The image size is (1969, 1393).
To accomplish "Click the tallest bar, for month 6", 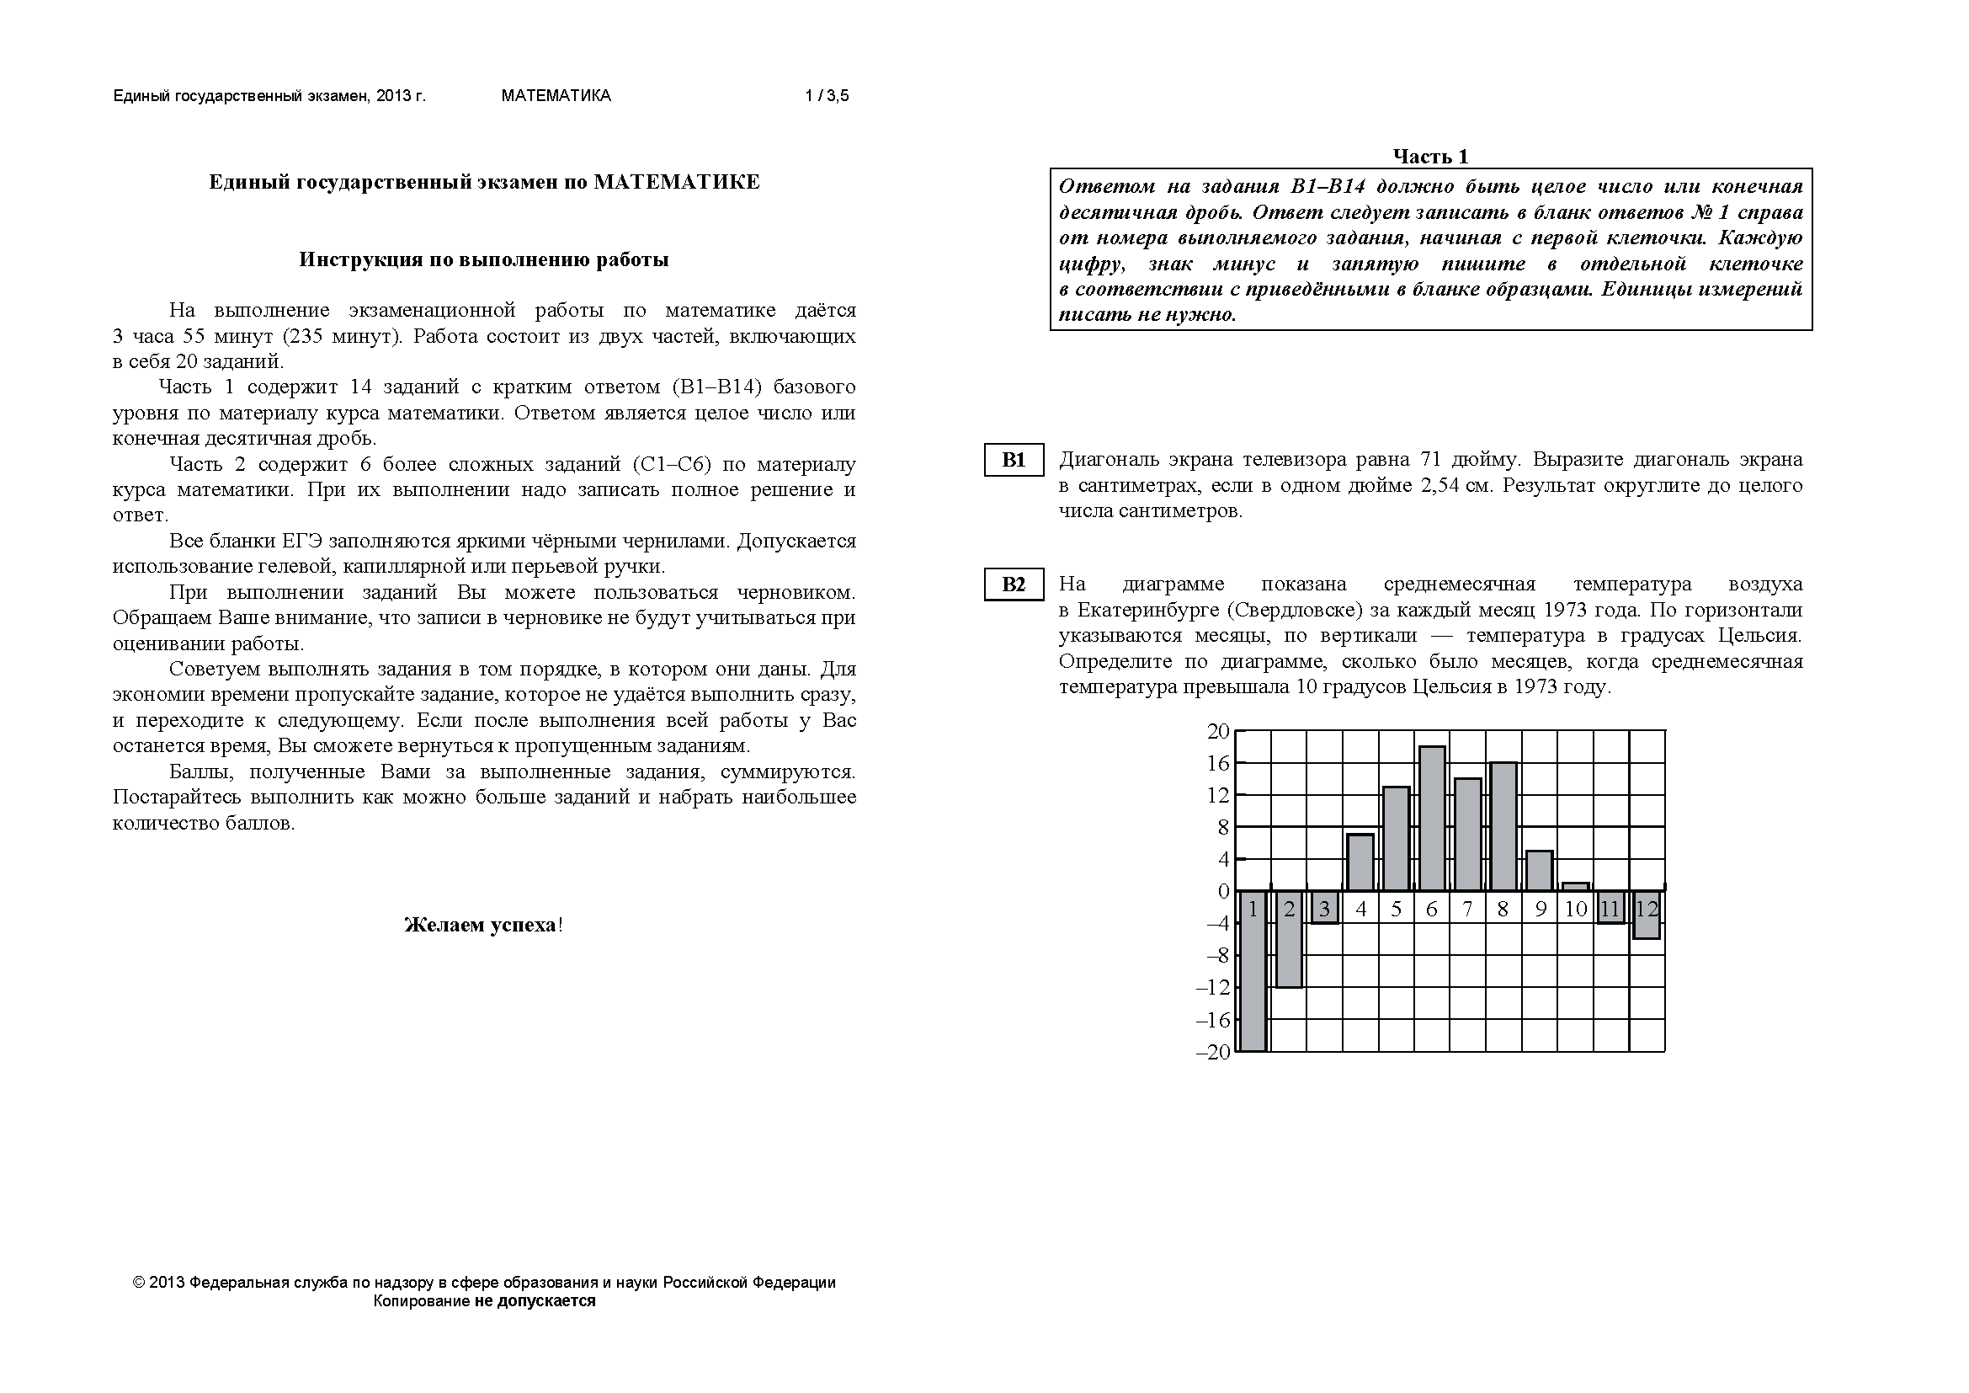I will [1431, 819].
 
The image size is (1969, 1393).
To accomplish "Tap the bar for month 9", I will [1540, 871].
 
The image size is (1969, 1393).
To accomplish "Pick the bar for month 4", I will [1360, 862].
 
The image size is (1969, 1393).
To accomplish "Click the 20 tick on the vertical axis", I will [1218, 732].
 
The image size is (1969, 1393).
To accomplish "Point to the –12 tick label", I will [1212, 988].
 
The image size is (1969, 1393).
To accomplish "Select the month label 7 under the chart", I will [1467, 910].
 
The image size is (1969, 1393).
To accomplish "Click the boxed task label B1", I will [1013, 460].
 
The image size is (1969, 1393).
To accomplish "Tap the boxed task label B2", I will [1013, 584].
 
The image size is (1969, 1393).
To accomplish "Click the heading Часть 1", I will [1430, 156].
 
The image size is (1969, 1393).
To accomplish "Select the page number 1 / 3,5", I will [827, 96].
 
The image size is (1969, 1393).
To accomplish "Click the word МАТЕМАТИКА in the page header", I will [556, 96].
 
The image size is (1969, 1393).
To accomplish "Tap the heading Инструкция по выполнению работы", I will [484, 260].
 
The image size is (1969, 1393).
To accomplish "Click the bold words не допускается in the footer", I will [535, 1300].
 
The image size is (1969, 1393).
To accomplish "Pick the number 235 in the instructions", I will [307, 335].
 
